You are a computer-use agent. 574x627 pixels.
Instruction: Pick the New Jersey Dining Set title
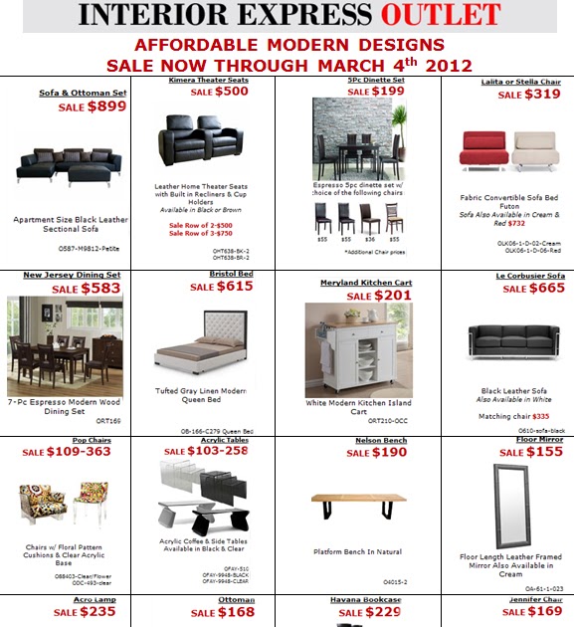point(73,274)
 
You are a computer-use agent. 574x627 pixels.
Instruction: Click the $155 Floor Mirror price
point(543,451)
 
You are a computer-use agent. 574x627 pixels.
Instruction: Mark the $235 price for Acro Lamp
point(97,613)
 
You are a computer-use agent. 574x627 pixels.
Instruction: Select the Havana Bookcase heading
point(366,600)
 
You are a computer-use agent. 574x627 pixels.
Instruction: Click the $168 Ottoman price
point(235,613)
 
